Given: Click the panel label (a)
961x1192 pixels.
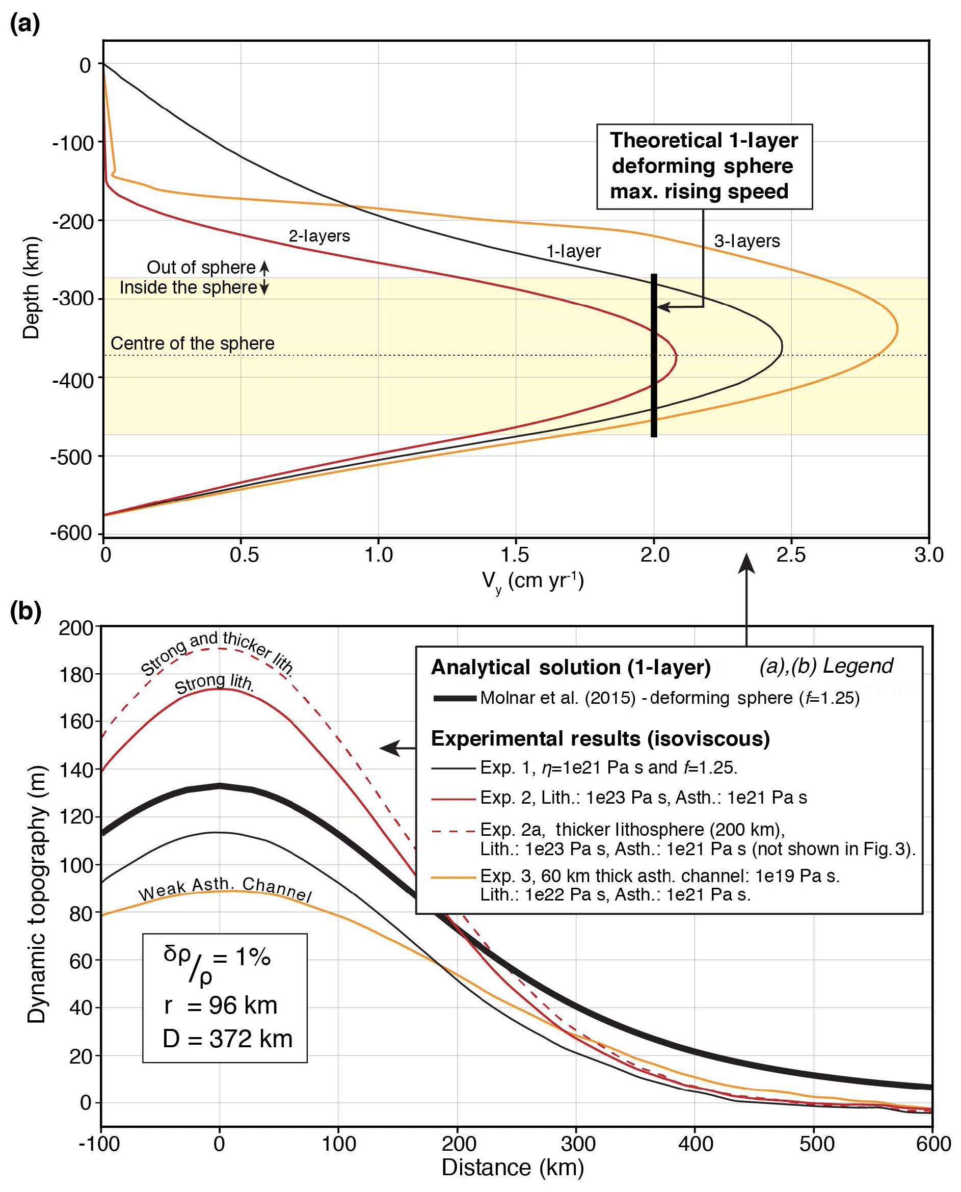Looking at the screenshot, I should coord(25,24).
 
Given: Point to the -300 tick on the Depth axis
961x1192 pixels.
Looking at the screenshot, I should coord(72,299).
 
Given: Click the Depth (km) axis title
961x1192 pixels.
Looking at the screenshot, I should coord(32,287).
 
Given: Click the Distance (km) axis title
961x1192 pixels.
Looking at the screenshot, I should coord(513,1167).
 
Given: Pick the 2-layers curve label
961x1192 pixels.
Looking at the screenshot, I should coord(319,236).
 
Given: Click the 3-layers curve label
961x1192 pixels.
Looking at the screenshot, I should coord(747,241).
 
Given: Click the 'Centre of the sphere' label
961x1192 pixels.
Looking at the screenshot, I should coord(192,343).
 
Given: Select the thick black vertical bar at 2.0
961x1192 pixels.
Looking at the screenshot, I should coord(654,355).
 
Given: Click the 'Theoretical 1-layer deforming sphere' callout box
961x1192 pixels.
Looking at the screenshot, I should coord(704,166).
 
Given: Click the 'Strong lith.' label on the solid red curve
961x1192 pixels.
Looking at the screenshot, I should coord(214,684).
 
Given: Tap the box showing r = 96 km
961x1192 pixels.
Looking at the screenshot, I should coord(225,998).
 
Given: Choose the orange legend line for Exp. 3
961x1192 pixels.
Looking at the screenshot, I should coord(453,878).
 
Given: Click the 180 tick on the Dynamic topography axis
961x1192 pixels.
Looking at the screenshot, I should coord(77,674).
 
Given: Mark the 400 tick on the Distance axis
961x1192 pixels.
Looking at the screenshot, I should coord(696,1143).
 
